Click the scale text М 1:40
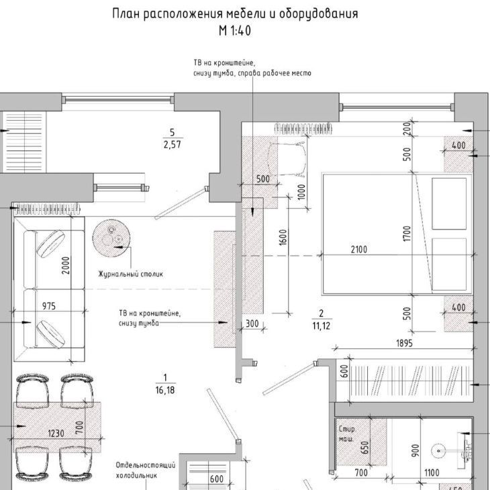click(235, 31)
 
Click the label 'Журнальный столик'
click(131, 274)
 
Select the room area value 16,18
click(165, 390)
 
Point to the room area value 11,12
click(322, 326)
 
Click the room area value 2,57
click(173, 144)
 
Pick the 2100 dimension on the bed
click(359, 250)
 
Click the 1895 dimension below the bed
click(404, 343)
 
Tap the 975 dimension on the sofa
click(49, 305)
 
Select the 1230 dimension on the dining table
click(56, 434)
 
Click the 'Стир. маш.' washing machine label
click(347, 434)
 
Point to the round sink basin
click(438, 451)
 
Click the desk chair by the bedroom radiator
click(287, 158)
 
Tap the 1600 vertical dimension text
click(283, 238)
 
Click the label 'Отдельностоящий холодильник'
click(146, 471)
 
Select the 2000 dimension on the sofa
click(66, 265)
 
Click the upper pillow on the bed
click(449, 203)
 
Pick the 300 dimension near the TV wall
click(252, 324)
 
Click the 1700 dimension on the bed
click(407, 234)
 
